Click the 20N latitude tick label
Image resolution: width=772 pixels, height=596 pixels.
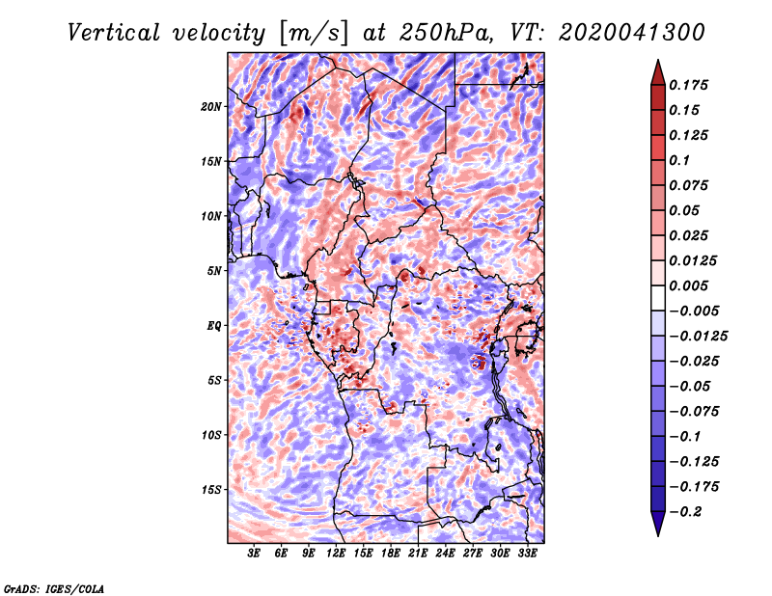tap(211, 107)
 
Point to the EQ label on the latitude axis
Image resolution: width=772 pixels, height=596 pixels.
tap(214, 326)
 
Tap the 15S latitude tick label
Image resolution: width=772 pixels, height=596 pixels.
tap(211, 490)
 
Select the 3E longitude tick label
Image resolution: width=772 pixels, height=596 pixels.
tap(254, 554)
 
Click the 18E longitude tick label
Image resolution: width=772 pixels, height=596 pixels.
tap(391, 554)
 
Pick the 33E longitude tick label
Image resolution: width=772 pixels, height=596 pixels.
tap(527, 554)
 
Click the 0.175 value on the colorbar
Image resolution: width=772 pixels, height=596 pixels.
tap(688, 85)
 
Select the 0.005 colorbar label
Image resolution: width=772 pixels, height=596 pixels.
tap(688, 285)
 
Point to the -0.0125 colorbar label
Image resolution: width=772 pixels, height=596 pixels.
tap(698, 337)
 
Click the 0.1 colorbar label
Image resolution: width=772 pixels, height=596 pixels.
tap(679, 160)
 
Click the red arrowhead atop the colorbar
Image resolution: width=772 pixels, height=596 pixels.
tap(658, 72)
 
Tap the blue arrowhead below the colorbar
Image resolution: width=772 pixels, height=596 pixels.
tap(658, 524)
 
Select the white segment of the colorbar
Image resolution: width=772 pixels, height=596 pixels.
tap(658, 298)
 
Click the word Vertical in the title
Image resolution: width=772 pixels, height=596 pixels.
tap(114, 33)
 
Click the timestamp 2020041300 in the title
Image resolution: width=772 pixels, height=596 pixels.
tap(632, 33)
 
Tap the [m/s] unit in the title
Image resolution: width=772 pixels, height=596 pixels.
tap(313, 34)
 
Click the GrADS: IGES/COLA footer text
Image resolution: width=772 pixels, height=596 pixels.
tap(54, 589)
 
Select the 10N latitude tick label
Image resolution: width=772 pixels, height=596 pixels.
tap(211, 217)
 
